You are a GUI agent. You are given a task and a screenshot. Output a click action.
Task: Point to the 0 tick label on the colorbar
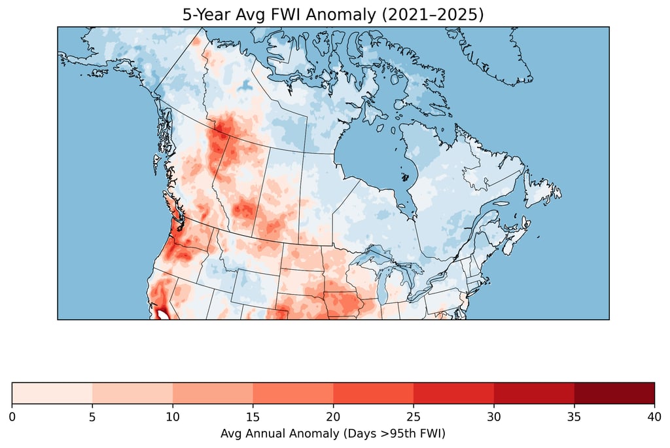click(12, 417)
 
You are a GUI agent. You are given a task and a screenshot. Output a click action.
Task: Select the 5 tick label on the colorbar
click(92, 417)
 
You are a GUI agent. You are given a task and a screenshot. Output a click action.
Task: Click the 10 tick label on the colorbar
click(173, 417)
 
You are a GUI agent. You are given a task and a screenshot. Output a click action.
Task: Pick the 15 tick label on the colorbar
click(253, 417)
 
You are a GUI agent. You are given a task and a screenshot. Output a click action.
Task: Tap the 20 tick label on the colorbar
click(333, 417)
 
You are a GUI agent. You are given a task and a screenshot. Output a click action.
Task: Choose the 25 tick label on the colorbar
click(414, 417)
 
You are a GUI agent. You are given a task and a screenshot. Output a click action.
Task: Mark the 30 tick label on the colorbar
click(494, 417)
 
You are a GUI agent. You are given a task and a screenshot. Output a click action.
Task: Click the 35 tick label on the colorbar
click(574, 417)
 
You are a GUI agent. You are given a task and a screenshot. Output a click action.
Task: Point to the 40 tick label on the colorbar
click(654, 417)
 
